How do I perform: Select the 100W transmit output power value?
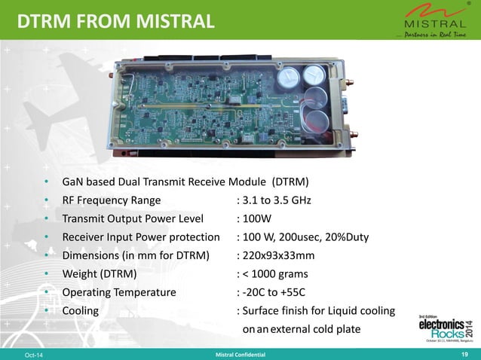click(x=256, y=218)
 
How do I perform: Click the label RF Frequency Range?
click(x=111, y=200)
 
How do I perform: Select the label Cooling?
click(x=80, y=310)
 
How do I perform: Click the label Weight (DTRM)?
click(x=99, y=273)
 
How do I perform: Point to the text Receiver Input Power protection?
click(x=140, y=237)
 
